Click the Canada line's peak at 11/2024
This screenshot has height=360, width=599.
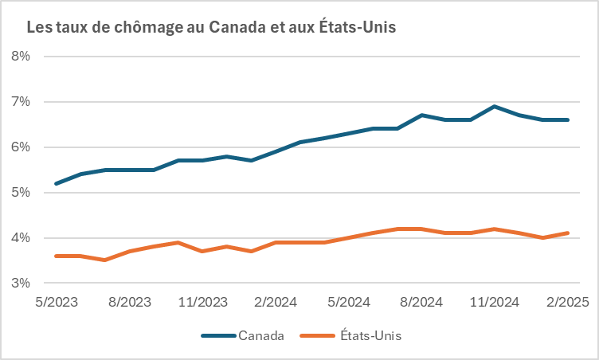point(495,106)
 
